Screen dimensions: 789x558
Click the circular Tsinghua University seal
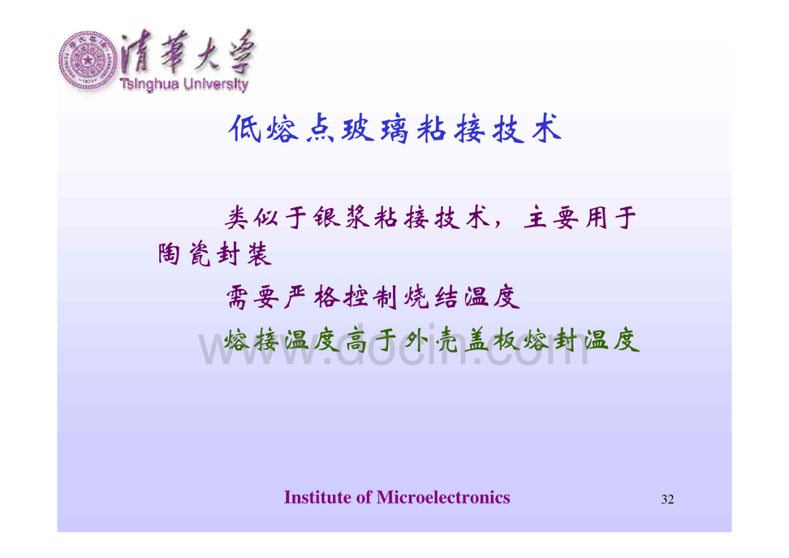point(88,61)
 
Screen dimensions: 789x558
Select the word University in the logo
point(216,84)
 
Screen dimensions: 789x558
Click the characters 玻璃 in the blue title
point(376,129)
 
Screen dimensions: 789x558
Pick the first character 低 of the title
point(245,129)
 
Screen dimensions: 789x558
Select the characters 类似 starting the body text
point(251,218)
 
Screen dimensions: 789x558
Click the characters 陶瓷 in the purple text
point(184,253)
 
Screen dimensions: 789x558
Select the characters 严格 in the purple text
point(311,297)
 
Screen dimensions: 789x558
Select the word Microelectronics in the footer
point(443,497)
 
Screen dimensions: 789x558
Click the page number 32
point(667,499)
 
